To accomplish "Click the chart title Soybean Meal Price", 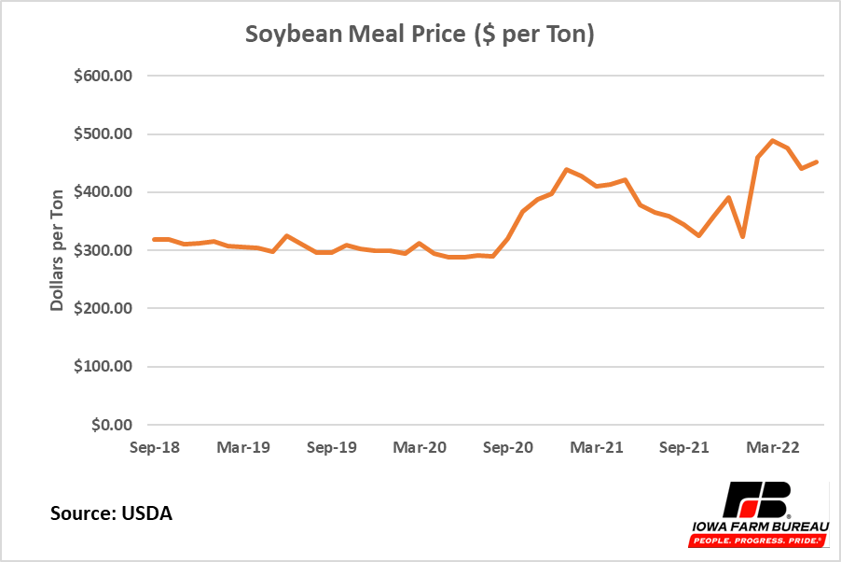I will tap(420, 35).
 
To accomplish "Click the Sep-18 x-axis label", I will tap(155, 447).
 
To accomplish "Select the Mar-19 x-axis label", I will tap(243, 447).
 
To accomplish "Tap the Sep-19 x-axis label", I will tap(332, 447).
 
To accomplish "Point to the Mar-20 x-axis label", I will tap(420, 447).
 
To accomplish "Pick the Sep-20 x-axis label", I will tap(508, 447).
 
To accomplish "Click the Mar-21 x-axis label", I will tap(596, 447).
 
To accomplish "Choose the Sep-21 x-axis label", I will tap(684, 447).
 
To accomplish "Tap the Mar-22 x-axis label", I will tap(773, 447).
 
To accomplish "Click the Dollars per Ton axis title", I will tap(58, 250).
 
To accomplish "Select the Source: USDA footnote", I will tap(111, 513).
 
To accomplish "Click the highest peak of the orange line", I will tap(773, 141).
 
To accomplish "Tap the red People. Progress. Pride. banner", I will tap(757, 541).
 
